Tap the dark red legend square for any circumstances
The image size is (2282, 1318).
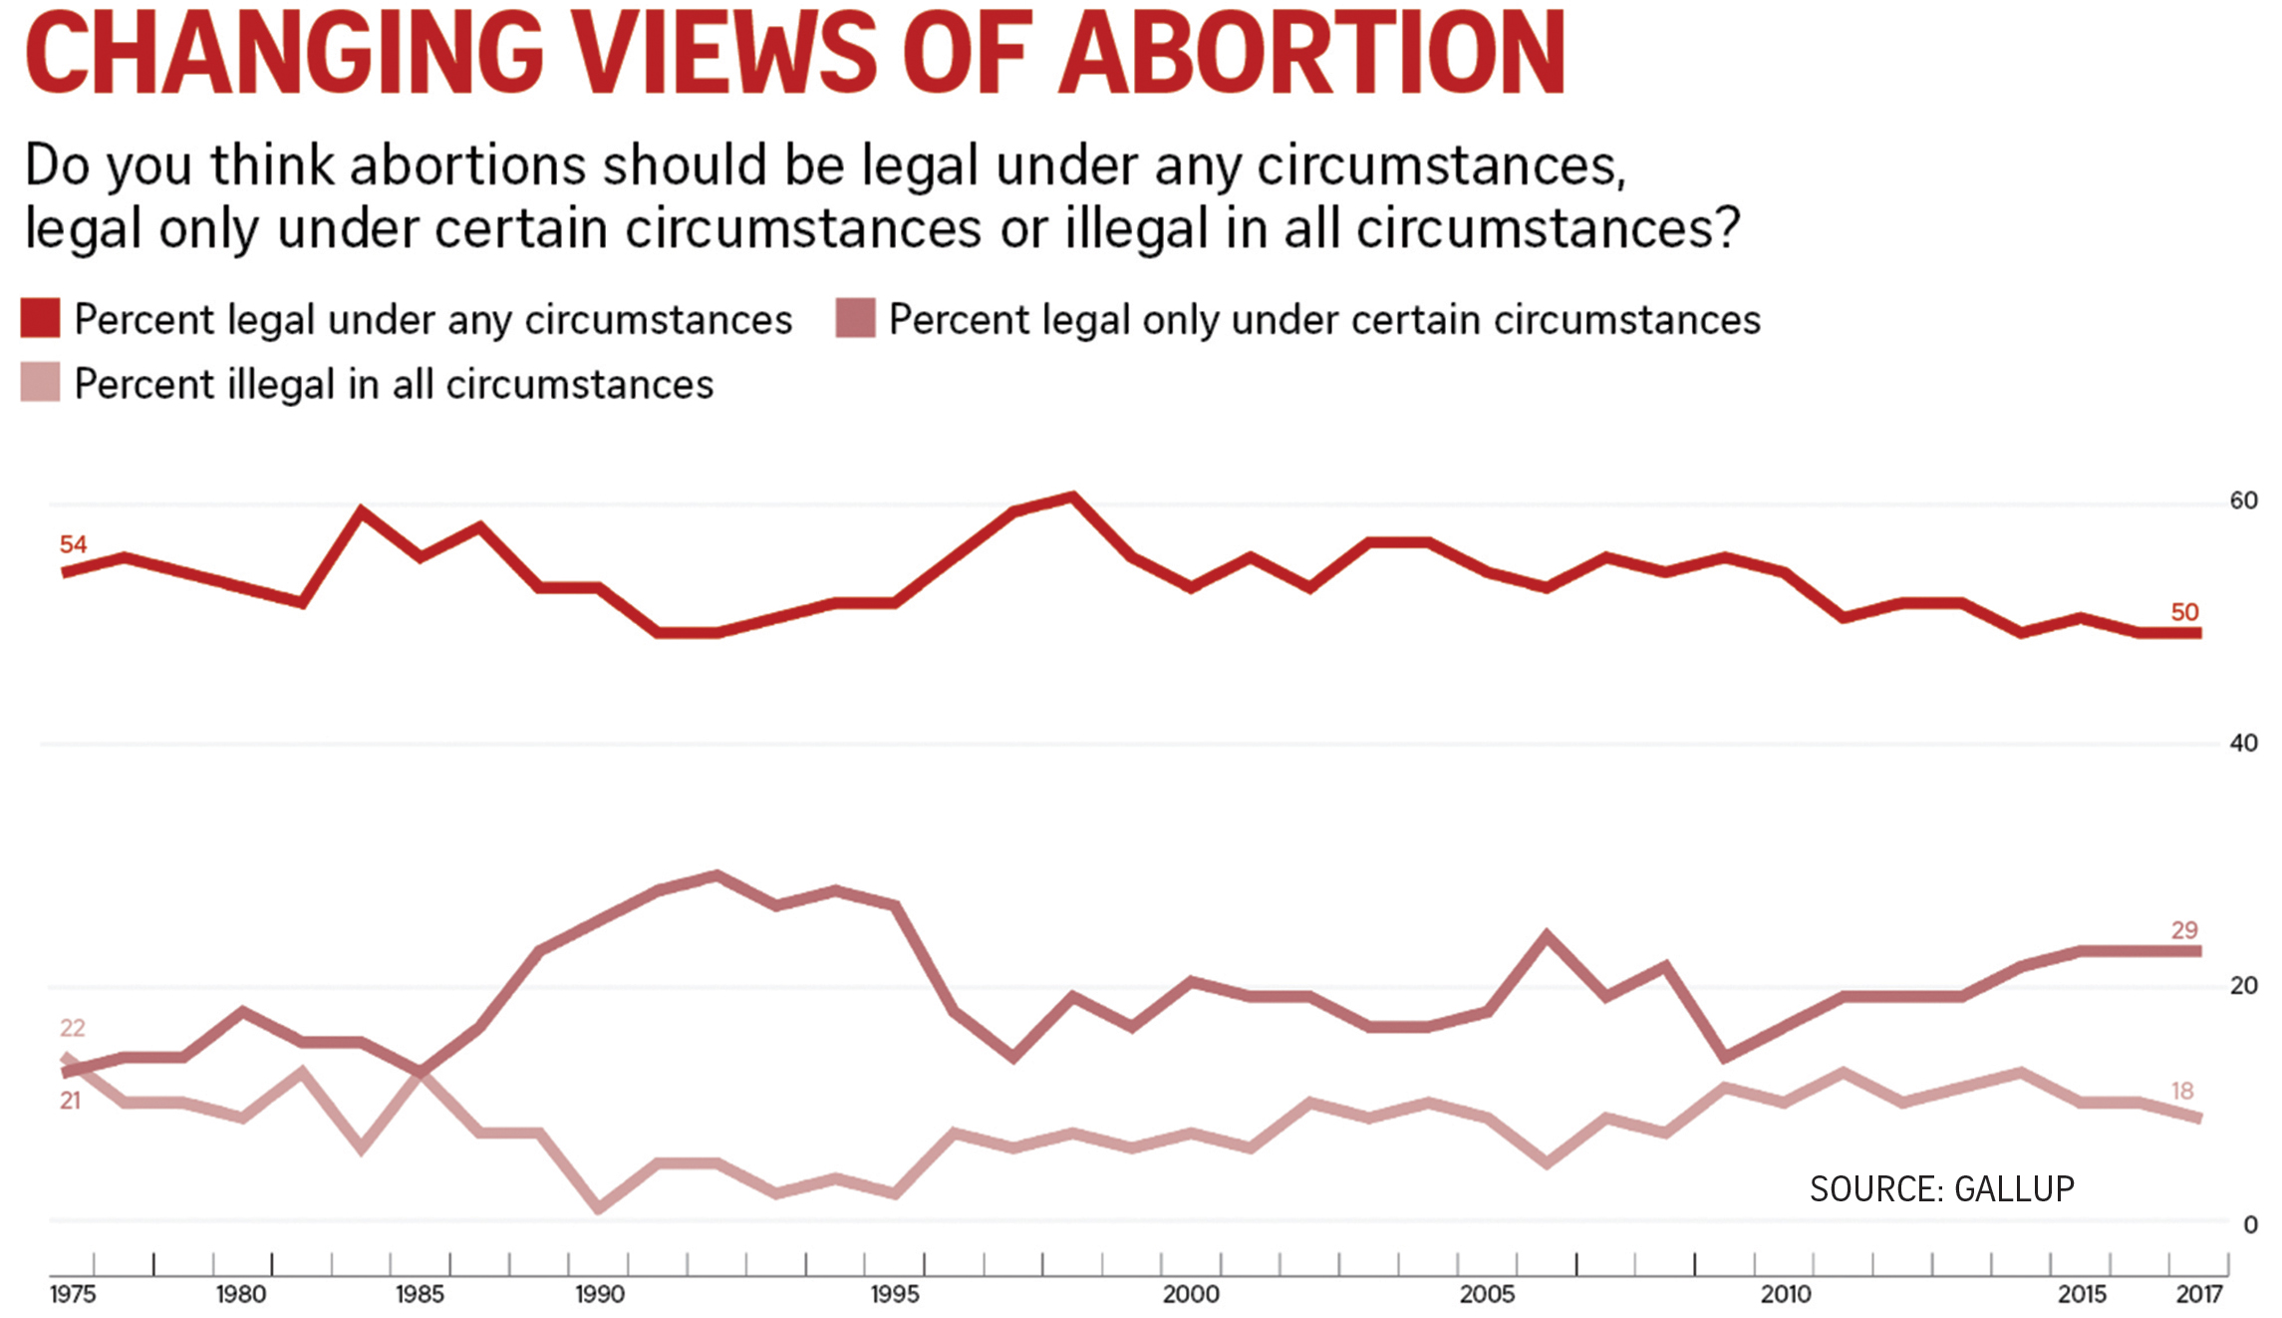[x=41, y=318]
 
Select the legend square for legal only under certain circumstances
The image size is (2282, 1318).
[x=855, y=318]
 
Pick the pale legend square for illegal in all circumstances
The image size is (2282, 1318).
[x=41, y=382]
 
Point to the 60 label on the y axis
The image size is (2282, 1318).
[x=2243, y=500]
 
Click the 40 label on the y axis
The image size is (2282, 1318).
[x=2243, y=743]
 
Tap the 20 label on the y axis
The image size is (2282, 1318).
[x=2243, y=985]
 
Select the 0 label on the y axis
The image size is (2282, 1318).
[x=2249, y=1225]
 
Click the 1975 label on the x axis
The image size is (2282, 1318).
[x=73, y=1294]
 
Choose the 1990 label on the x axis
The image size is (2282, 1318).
[x=599, y=1294]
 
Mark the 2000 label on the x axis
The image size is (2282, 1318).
[x=1191, y=1294]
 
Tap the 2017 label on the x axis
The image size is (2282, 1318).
[x=2198, y=1294]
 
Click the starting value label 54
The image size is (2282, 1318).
[x=73, y=544]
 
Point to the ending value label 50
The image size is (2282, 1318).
[x=2184, y=612]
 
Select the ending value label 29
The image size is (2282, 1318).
[x=2184, y=930]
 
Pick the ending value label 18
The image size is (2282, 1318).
[x=2182, y=1091]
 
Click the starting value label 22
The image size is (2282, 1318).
[x=73, y=1028]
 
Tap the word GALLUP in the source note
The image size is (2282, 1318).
[x=2014, y=1188]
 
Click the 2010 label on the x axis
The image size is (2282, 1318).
[x=1785, y=1294]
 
